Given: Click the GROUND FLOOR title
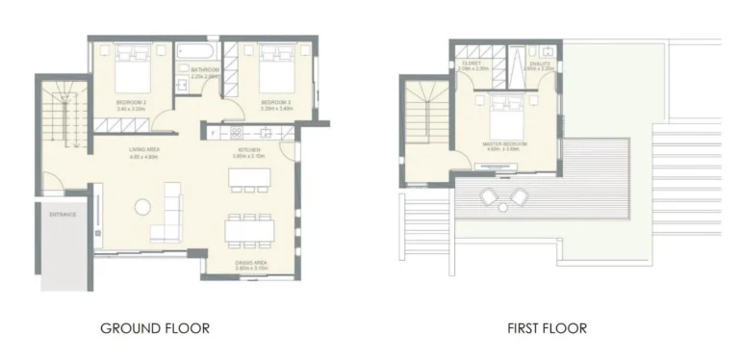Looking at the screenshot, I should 155,328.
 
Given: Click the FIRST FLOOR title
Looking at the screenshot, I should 548,328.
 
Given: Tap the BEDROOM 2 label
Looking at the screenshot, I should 130,102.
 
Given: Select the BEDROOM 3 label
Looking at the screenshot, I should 276,102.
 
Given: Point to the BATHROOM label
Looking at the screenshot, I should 205,70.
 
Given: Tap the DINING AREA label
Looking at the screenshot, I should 251,262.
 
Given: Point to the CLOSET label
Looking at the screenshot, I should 471,64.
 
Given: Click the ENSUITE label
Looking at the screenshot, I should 539,64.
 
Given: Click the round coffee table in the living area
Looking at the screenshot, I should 142,206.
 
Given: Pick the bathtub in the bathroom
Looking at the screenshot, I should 198,49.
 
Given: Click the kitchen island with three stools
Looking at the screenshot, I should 244,182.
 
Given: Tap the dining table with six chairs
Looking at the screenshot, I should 248,231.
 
